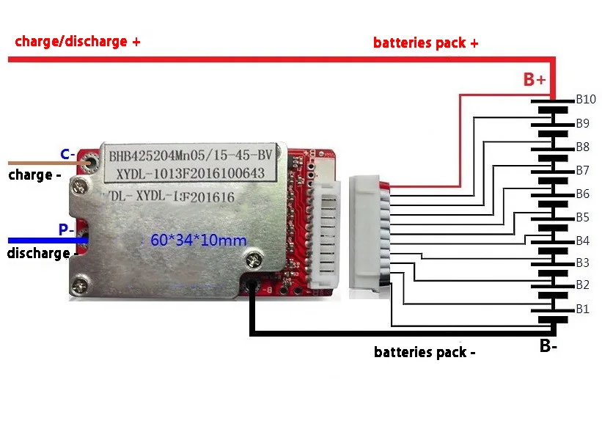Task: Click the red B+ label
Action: pos(535,80)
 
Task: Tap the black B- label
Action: pos(548,346)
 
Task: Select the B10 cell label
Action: pos(585,99)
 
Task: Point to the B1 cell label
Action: pos(582,309)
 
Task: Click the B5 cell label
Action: pos(582,217)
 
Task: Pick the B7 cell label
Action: pos(582,170)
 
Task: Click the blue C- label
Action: pos(66,154)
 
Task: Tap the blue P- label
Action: pos(65,230)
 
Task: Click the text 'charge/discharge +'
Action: pos(78,42)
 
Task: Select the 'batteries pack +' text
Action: pos(426,43)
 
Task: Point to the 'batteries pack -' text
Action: pos(425,352)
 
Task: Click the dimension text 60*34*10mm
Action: pos(198,240)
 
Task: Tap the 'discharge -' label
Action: pos(39,253)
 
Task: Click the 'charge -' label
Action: pos(34,175)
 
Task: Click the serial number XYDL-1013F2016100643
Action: pos(190,175)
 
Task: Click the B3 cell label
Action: pos(582,263)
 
